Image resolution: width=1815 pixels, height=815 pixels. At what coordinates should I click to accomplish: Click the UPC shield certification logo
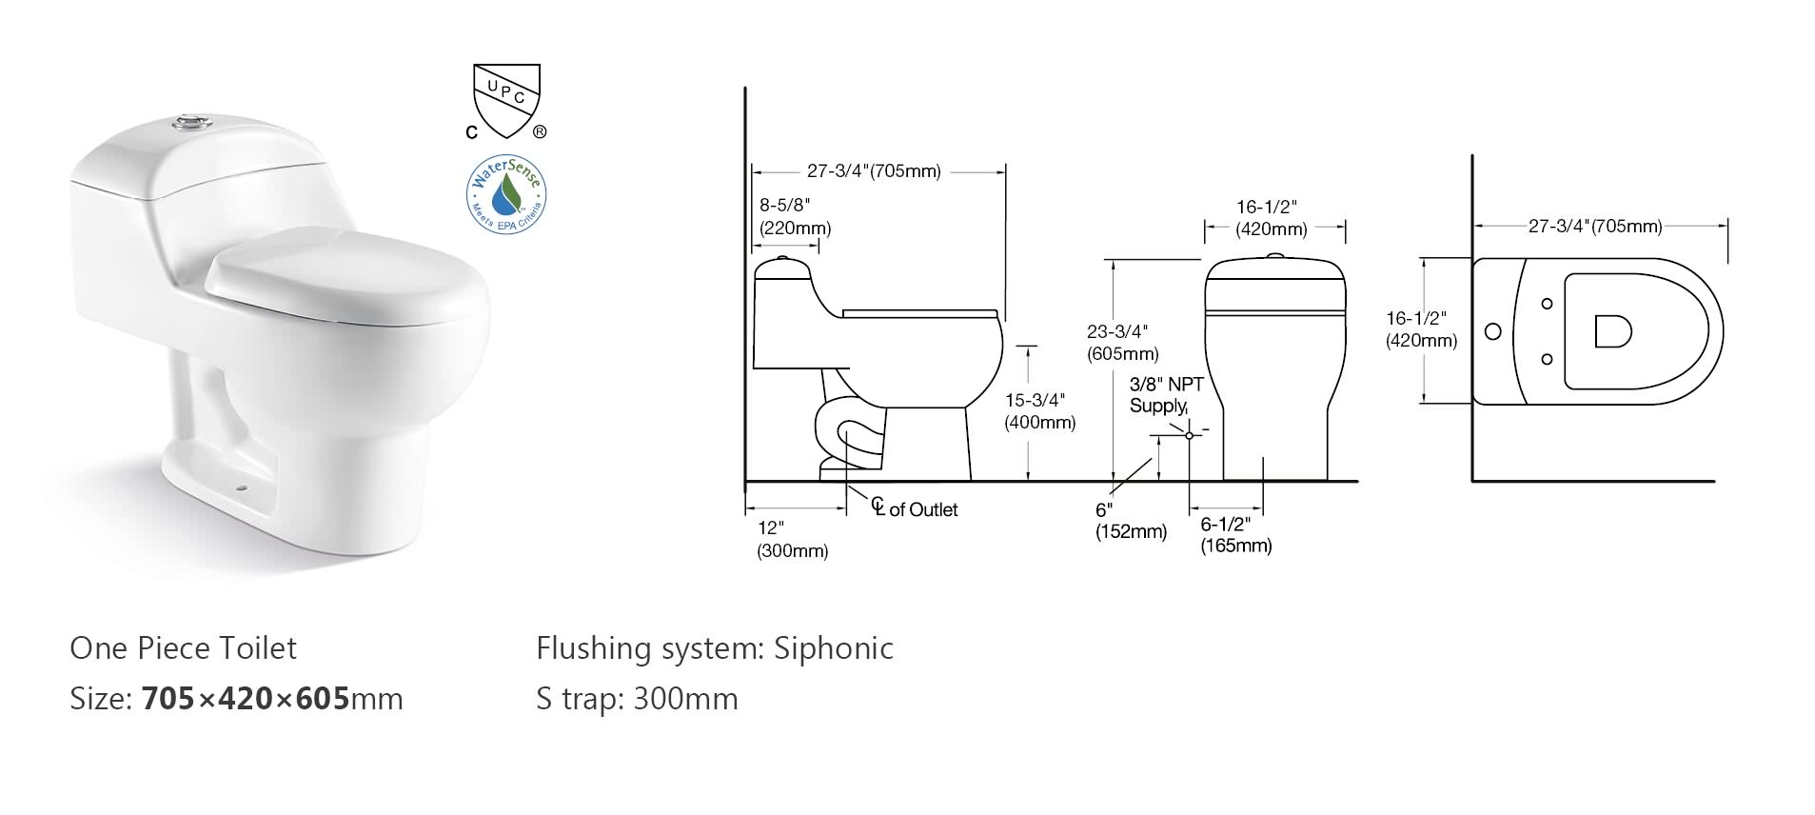tap(506, 99)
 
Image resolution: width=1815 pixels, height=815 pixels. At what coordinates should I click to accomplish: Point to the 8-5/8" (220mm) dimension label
tap(795, 217)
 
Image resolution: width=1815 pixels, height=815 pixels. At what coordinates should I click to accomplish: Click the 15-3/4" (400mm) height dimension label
tap(1039, 411)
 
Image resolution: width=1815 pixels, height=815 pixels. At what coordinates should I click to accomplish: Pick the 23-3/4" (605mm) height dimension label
tap(1123, 343)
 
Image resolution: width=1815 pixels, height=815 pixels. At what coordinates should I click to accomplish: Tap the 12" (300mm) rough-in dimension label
tap(792, 539)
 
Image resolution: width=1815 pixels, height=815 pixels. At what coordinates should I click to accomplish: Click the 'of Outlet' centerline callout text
tap(922, 510)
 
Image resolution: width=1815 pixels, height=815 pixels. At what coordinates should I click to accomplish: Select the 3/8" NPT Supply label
tap(1165, 395)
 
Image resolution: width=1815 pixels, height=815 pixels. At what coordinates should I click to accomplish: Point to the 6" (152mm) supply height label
tap(1130, 522)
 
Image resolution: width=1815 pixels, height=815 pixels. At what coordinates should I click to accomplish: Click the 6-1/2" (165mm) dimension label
tap(1235, 535)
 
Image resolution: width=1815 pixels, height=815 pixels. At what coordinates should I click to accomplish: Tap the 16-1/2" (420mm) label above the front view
tap(1271, 218)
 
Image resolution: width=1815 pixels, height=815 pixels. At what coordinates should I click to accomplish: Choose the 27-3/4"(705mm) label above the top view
tap(1595, 227)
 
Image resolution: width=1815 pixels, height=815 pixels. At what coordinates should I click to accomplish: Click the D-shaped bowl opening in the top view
tap(1612, 331)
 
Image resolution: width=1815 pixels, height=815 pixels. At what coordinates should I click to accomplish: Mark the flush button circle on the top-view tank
tap(1493, 331)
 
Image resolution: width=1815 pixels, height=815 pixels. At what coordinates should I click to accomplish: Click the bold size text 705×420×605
tap(246, 699)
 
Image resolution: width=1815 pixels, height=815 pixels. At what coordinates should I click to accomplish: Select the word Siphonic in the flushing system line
tap(834, 648)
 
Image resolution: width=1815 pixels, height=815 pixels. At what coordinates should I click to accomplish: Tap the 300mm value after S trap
tap(685, 699)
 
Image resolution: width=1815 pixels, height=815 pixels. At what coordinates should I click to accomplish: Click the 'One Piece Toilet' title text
tap(183, 648)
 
